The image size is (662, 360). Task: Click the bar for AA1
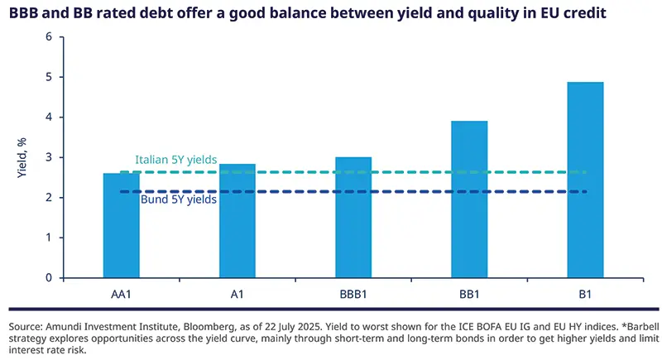pos(121,225)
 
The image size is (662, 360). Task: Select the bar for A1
pos(237,220)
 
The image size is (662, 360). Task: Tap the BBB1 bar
pos(353,217)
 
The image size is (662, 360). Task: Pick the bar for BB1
pos(469,199)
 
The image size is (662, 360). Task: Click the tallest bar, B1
pos(585,180)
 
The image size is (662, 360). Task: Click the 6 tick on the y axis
pos(48,37)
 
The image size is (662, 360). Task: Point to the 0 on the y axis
pos(48,278)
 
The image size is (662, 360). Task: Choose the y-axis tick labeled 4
pos(48,118)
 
